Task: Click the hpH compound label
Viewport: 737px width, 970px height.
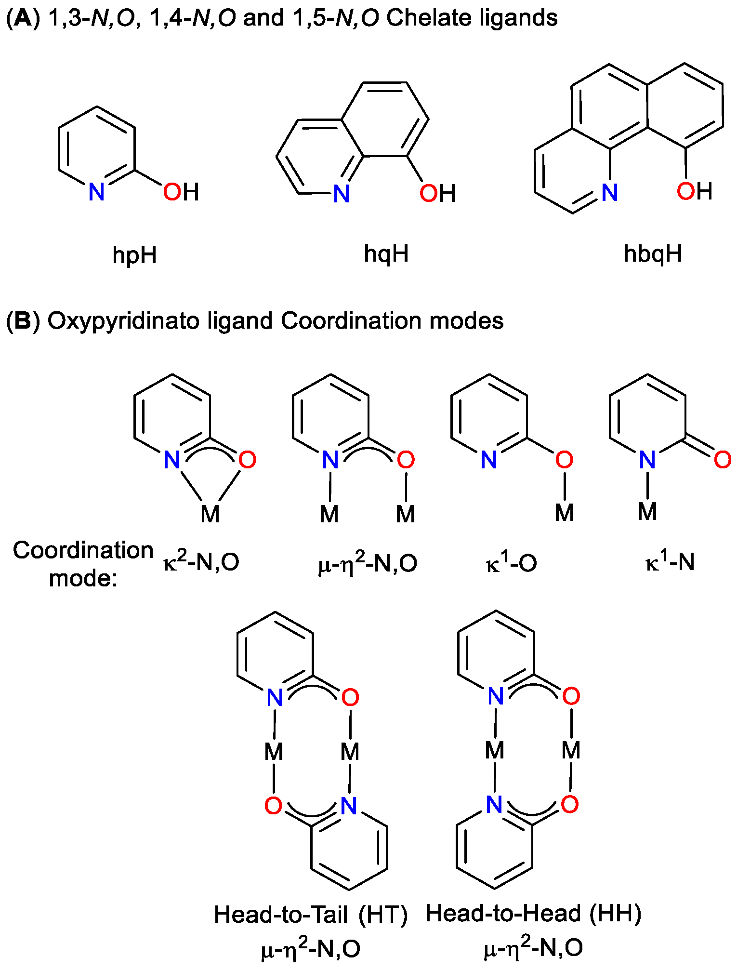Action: click(x=134, y=255)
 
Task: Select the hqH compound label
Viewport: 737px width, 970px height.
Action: click(x=386, y=253)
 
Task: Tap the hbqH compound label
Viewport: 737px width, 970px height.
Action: click(x=653, y=253)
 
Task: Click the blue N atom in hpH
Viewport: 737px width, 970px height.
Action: click(x=96, y=192)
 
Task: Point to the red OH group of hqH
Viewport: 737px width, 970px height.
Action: click(x=437, y=194)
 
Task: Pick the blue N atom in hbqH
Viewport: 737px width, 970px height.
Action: click(x=609, y=193)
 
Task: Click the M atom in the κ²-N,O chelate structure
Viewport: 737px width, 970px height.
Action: click(x=210, y=514)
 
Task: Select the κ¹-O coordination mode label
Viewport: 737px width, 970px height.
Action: click(x=511, y=563)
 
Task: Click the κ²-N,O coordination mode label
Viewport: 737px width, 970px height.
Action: click(x=201, y=562)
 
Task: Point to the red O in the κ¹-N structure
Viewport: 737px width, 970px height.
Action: click(x=723, y=460)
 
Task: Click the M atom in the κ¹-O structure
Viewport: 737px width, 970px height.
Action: click(x=564, y=513)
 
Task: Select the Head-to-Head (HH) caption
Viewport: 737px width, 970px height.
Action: click(x=533, y=914)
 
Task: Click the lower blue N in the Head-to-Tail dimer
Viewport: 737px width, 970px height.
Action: click(x=349, y=806)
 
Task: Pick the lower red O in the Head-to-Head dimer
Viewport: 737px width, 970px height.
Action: click(x=570, y=804)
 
